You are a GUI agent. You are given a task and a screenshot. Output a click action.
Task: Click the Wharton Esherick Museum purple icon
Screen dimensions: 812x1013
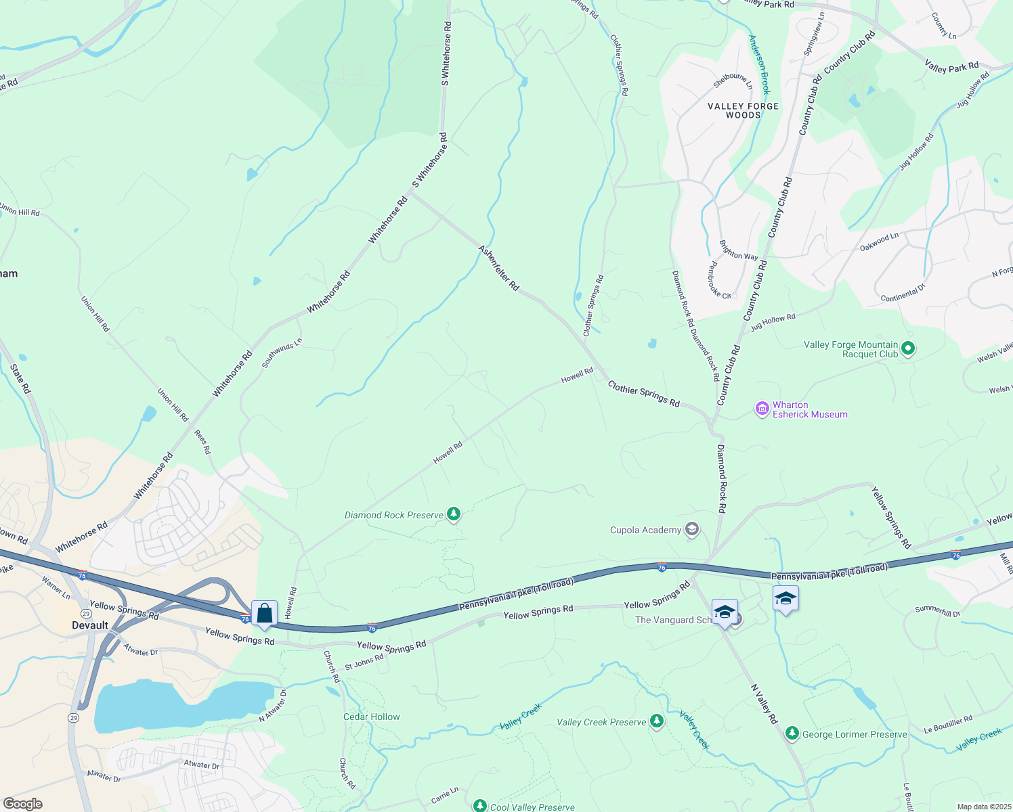(x=762, y=409)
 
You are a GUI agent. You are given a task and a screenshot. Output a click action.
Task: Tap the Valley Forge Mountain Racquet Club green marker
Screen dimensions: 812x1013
(x=909, y=349)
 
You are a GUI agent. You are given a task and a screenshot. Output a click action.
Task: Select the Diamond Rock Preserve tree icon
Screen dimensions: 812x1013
(x=454, y=515)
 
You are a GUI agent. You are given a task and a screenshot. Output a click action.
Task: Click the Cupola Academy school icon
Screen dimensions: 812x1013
(x=691, y=529)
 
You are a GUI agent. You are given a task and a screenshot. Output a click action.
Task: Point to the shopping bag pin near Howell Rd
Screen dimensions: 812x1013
(x=265, y=614)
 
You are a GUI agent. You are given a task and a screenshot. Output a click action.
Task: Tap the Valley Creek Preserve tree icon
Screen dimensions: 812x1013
(x=656, y=721)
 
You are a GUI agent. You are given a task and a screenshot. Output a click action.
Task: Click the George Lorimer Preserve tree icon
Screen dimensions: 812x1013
(x=792, y=734)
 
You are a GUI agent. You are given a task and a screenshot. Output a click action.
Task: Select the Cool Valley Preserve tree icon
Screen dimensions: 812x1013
(x=480, y=806)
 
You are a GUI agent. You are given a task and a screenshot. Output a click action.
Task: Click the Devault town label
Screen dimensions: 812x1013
(x=90, y=625)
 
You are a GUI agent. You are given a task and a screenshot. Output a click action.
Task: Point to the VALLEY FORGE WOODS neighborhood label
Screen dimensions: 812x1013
(x=743, y=110)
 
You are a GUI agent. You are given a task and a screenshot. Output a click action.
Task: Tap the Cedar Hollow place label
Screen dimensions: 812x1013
(x=372, y=717)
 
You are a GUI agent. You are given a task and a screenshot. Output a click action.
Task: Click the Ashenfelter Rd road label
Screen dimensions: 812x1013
(x=499, y=268)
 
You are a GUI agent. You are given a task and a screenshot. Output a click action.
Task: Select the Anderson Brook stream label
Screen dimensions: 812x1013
(x=759, y=64)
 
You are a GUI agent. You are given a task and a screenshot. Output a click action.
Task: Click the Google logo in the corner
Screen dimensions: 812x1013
(x=22, y=804)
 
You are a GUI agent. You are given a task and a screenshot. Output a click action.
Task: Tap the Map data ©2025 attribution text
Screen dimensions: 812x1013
(x=983, y=807)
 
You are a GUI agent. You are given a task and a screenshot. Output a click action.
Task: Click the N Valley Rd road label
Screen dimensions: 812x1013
(x=764, y=704)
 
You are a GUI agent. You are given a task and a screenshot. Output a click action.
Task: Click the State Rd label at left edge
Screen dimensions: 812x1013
(x=20, y=379)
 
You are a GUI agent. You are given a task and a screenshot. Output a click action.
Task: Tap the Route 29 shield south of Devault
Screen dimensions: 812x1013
(x=73, y=717)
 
